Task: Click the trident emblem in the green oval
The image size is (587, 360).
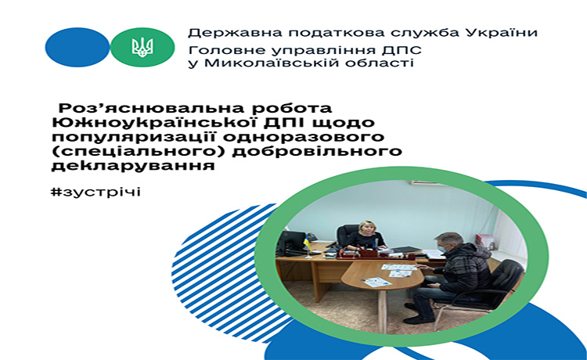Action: pyautogui.click(x=142, y=48)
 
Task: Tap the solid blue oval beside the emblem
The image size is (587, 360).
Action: pyautogui.click(x=77, y=47)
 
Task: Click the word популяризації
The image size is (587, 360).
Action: pyautogui.click(x=135, y=137)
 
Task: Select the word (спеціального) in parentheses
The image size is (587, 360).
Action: pyautogui.click(x=139, y=152)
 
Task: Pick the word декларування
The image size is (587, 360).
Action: pyautogui.click(x=133, y=165)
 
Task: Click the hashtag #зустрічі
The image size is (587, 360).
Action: pyautogui.click(x=95, y=192)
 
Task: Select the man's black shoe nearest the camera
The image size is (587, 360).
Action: pyautogui.click(x=419, y=319)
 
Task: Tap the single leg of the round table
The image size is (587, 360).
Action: pyautogui.click(x=382, y=311)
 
